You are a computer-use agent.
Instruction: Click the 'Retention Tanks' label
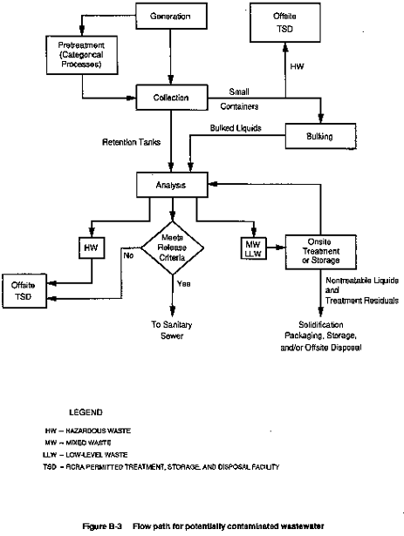(131, 142)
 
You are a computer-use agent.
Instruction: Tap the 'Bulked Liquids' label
(236, 128)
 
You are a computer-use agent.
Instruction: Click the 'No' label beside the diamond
(128, 255)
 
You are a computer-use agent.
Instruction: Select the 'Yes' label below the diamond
(184, 284)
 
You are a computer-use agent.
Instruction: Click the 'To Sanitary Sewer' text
(172, 329)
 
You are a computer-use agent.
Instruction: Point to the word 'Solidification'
(321, 324)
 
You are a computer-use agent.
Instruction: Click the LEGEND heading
(86, 412)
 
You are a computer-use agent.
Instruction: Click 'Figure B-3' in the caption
(102, 526)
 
